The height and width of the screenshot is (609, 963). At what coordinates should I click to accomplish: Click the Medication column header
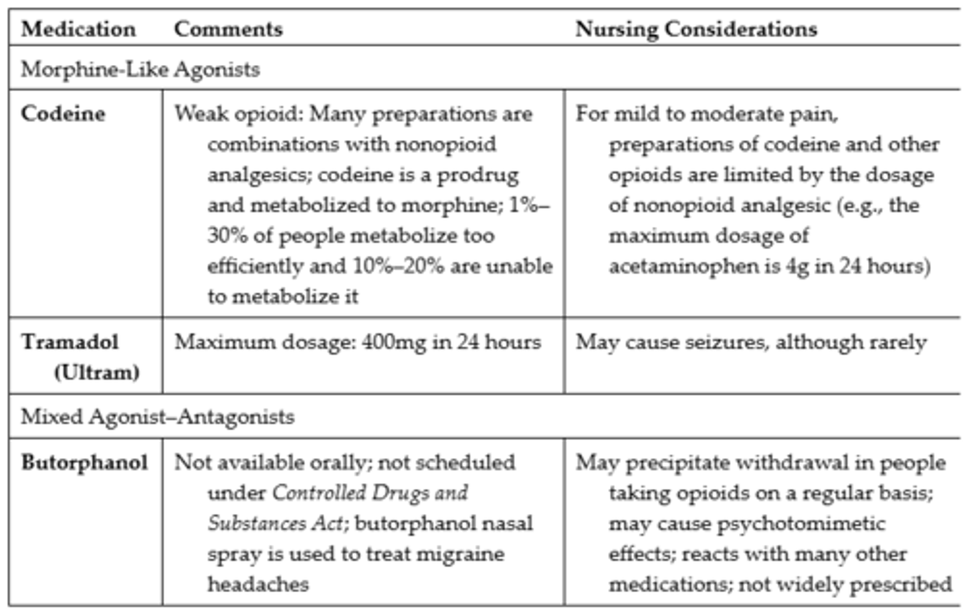tap(78, 29)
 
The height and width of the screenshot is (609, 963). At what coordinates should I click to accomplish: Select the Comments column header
tap(228, 29)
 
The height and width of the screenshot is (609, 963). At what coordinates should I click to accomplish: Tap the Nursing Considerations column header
tap(696, 29)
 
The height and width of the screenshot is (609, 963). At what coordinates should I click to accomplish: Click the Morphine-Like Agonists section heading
tap(140, 70)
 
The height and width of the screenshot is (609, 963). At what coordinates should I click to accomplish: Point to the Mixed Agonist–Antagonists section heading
tap(157, 417)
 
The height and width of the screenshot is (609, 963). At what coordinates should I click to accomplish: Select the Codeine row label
tap(63, 113)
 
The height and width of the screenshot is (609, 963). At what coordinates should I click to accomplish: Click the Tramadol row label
tap(70, 342)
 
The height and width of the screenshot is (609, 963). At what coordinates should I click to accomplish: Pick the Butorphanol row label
tap(84, 462)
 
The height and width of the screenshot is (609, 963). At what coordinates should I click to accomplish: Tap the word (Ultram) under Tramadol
tap(96, 372)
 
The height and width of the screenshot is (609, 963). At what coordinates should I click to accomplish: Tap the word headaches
tap(258, 584)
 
